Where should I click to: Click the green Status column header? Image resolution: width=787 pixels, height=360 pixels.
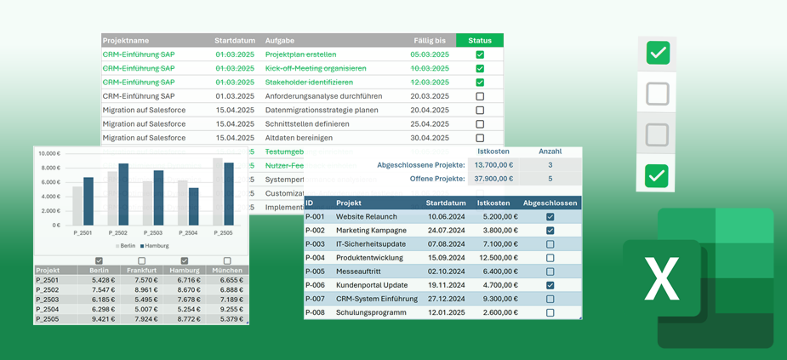point(480,40)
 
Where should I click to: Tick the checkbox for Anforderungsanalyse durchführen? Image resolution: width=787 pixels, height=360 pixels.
point(480,96)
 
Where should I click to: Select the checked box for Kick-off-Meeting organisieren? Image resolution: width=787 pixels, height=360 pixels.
point(480,68)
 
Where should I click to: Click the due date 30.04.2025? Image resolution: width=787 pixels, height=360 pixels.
point(429,138)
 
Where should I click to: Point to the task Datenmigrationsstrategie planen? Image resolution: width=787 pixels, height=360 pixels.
point(322,110)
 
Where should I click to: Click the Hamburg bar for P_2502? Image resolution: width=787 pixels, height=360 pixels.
point(123,194)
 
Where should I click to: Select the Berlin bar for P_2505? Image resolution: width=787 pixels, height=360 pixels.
point(218,191)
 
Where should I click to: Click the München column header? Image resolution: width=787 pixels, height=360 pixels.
point(227,271)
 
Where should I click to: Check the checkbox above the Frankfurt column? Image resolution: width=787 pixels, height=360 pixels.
point(142,260)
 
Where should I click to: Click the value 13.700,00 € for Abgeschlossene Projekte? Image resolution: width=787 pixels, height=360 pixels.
point(493,165)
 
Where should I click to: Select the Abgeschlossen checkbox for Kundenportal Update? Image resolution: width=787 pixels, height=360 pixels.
point(550,285)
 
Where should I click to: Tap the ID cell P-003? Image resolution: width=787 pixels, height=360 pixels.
point(315,244)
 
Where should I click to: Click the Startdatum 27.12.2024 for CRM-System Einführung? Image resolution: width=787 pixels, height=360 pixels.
point(446,299)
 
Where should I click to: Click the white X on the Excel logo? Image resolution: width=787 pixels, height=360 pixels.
point(662,279)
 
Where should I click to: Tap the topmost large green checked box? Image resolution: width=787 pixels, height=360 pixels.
point(657,54)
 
